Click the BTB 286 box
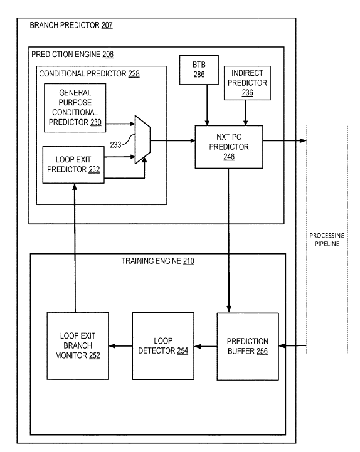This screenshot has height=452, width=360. [199, 70]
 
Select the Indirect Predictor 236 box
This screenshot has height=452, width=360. [247, 83]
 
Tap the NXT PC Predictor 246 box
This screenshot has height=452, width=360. [229, 147]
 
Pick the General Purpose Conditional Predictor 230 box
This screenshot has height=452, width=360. [75, 108]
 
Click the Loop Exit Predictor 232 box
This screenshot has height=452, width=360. [73, 165]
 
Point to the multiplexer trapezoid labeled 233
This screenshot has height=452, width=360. [143, 140]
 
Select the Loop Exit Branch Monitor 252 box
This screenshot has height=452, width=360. [78, 345]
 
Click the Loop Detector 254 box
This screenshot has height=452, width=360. [163, 346]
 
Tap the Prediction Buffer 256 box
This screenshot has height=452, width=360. [248, 346]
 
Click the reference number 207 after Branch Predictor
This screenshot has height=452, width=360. [107, 25]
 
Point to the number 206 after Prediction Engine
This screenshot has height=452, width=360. [108, 55]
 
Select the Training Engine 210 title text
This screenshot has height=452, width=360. [158, 261]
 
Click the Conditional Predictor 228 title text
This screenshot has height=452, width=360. [90, 74]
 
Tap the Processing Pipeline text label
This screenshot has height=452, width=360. [327, 239]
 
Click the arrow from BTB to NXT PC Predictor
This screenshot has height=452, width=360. [207, 105]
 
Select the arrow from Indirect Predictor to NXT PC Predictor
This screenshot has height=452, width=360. [245, 113]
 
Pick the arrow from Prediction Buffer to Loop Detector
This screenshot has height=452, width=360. [206, 346]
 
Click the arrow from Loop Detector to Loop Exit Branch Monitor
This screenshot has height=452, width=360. [120, 346]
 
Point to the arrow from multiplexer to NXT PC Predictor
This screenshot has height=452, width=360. [173, 140]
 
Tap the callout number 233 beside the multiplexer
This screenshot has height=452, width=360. [115, 145]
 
